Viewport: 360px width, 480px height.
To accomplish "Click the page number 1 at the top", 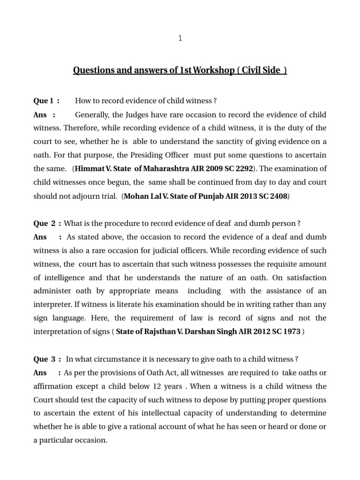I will point(180,39).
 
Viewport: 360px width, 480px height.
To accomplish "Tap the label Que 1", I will point(46,101).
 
